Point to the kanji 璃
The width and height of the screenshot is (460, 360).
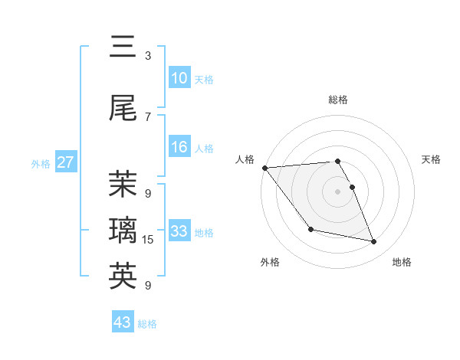point(123,229)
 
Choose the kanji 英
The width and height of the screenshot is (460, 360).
point(123,276)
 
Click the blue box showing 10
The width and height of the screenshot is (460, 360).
point(179,78)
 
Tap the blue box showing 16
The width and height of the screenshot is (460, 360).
point(179,147)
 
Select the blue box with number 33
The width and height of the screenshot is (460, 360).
point(179,231)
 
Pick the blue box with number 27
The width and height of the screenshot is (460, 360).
point(65,162)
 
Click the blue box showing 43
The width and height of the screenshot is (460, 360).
point(123,322)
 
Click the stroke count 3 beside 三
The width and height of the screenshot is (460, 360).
point(148,55)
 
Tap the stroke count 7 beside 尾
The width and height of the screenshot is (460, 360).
point(148,116)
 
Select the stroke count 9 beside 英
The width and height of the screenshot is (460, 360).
point(148,286)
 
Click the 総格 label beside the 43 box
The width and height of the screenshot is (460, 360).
point(147,324)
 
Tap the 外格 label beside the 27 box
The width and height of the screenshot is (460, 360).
point(41,164)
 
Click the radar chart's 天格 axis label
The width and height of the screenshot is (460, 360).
point(431,159)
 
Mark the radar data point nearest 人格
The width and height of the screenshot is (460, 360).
point(264,168)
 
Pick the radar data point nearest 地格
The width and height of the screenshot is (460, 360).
point(374,242)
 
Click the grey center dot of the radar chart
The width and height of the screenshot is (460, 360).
point(337,191)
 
